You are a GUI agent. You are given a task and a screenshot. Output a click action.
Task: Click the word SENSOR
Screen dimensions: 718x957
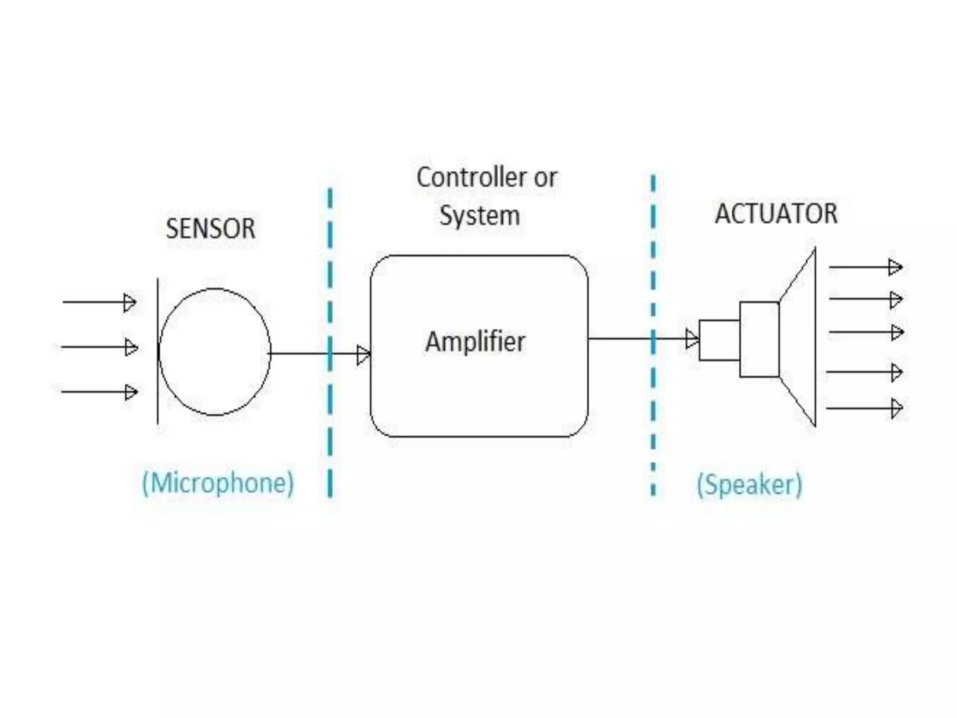coord(211,229)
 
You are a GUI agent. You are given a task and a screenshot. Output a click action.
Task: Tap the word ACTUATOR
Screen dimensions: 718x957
coord(776,214)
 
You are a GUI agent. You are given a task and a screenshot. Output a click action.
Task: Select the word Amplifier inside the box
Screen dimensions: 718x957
coord(475,342)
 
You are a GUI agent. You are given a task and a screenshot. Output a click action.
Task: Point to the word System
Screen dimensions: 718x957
coord(479,216)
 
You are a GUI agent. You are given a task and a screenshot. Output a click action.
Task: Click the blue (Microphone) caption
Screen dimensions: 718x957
coord(218,483)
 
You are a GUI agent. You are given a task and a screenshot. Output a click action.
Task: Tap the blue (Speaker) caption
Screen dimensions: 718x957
coord(750,484)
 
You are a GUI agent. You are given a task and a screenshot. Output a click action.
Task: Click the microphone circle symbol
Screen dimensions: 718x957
coord(214,352)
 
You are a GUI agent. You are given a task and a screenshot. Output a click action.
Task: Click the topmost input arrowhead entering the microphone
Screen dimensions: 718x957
coord(129,302)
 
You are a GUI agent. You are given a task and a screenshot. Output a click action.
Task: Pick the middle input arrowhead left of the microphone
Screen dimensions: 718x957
coord(131,347)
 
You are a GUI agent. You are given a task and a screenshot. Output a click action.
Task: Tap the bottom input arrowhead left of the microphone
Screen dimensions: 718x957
coord(131,392)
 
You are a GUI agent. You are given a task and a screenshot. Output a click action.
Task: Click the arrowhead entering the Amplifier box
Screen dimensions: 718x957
coord(363,355)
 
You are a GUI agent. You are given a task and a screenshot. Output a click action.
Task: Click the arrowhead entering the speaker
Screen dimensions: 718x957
coord(692,339)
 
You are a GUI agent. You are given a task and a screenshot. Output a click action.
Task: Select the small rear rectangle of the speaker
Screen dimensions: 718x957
coord(719,340)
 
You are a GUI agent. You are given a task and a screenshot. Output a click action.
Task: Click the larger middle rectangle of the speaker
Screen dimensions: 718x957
coord(759,339)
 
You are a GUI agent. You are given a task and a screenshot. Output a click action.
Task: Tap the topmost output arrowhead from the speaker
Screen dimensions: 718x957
coord(894,267)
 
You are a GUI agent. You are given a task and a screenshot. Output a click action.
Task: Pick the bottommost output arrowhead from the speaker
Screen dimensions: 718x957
coord(896,408)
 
